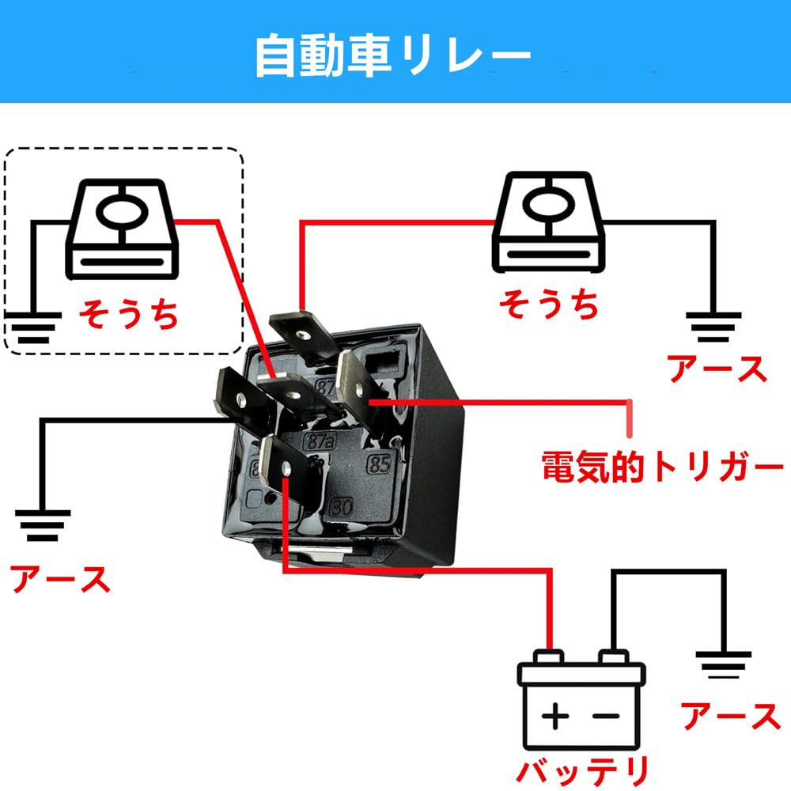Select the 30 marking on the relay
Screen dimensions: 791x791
click(342, 505)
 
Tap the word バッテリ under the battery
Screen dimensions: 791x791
click(583, 769)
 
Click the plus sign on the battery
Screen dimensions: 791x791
click(556, 718)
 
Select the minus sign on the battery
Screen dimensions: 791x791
click(605, 718)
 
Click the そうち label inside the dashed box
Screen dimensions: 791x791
click(127, 313)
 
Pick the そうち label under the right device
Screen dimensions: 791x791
click(548, 303)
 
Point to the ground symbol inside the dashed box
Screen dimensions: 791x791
click(32, 327)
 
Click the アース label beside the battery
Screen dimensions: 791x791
click(730, 716)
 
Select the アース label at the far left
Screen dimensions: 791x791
click(60, 579)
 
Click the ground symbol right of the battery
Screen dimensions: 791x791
click(722, 665)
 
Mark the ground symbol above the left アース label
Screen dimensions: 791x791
click(44, 524)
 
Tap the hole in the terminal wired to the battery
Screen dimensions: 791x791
click(286, 471)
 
